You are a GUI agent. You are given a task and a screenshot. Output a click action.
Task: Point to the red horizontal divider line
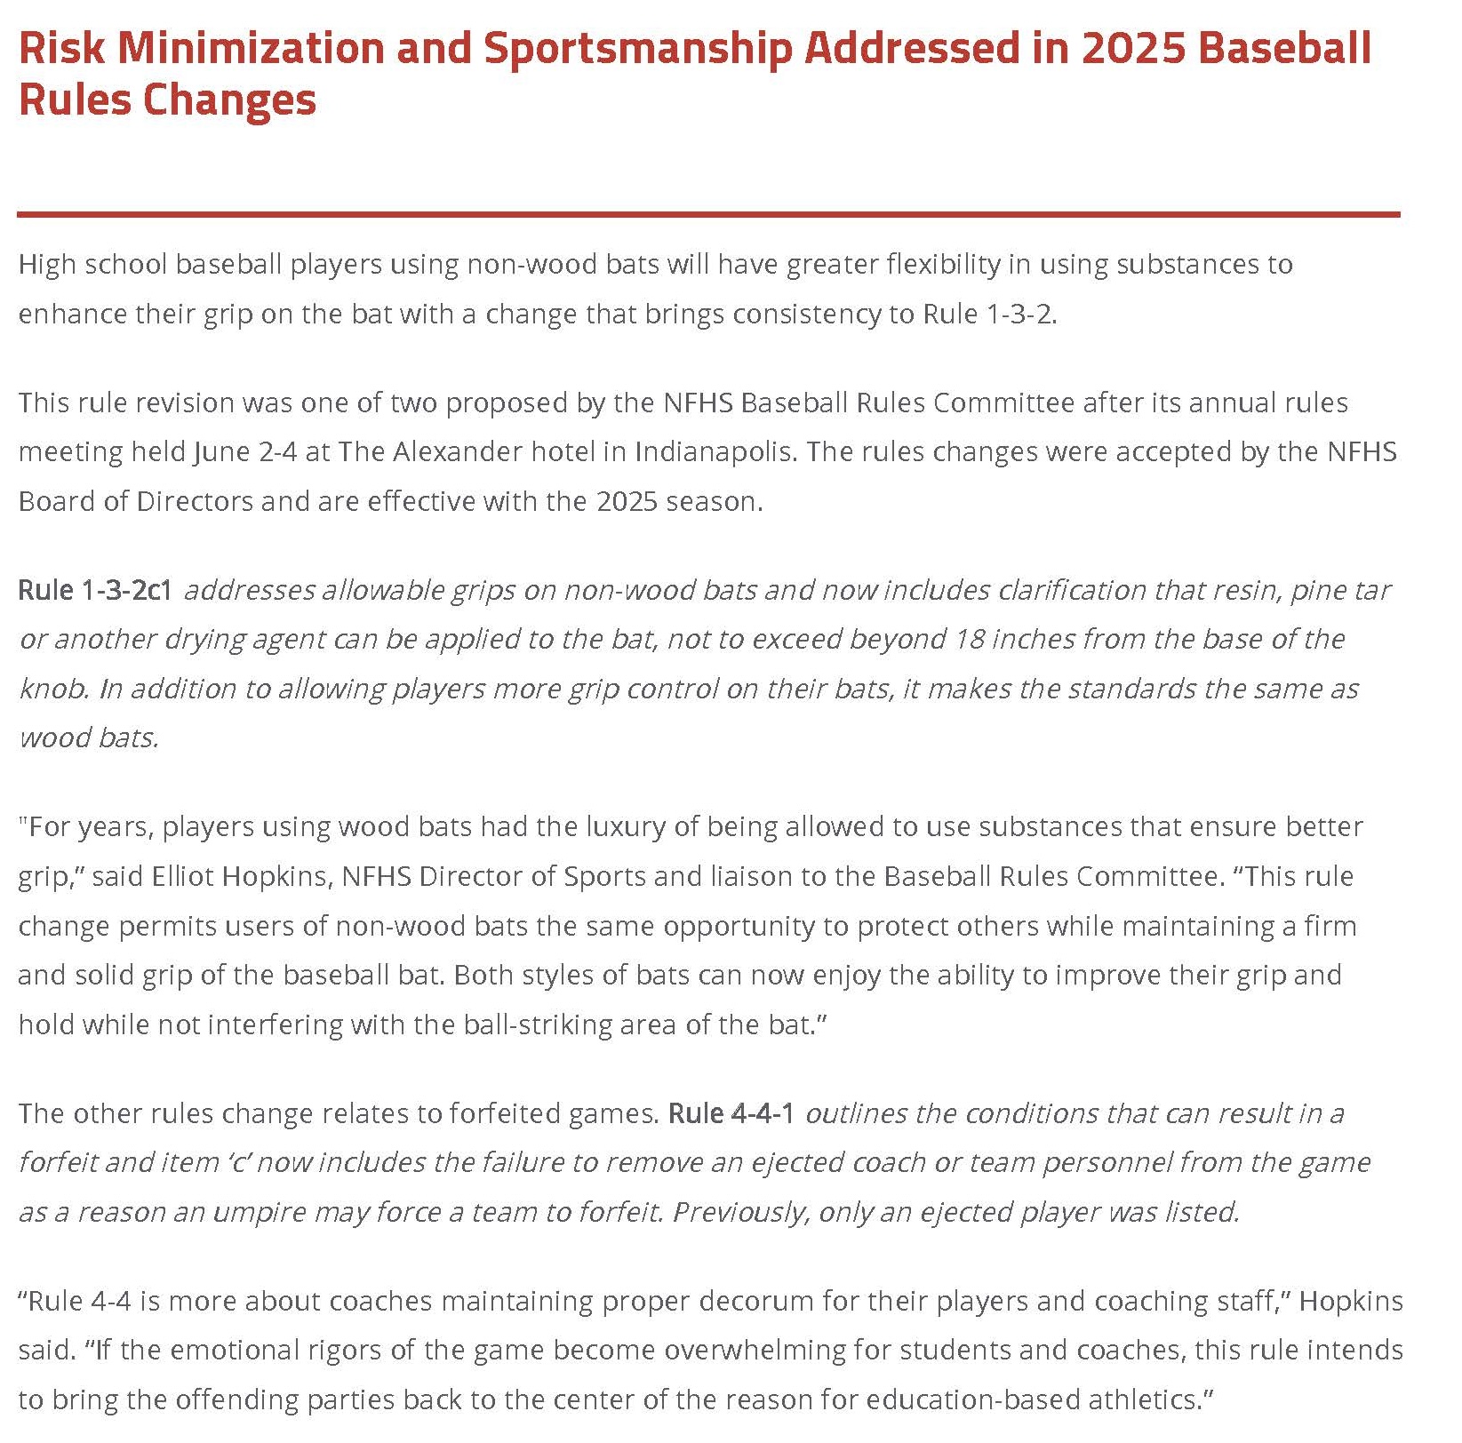coord(708,214)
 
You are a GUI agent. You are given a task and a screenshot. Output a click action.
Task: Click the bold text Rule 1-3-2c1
coord(95,590)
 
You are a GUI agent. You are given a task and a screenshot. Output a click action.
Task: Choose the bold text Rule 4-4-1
coord(731,1113)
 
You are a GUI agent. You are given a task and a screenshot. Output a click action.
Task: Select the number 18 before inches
coord(966,639)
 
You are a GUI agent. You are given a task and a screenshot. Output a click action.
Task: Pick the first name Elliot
coord(181,876)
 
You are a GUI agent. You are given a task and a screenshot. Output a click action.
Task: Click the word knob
coord(52,689)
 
